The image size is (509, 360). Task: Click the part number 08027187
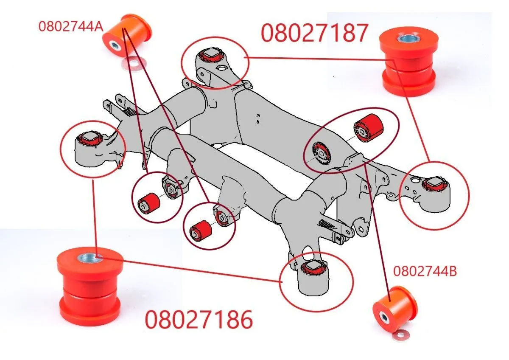coord(314,33)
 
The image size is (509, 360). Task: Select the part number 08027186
coord(199,320)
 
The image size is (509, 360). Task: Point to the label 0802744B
coord(425,271)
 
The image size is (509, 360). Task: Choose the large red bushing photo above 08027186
coord(90,281)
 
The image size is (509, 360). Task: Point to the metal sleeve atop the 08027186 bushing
coord(89,256)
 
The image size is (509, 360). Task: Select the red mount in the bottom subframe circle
coord(314,268)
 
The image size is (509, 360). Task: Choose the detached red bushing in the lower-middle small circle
coord(201,229)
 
